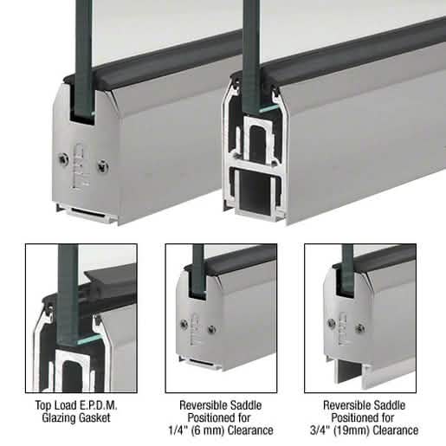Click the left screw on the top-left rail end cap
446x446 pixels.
(x=63, y=159)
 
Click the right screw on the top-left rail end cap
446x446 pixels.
(x=103, y=166)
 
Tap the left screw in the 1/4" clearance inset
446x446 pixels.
(x=184, y=324)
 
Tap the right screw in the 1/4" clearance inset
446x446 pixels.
(x=211, y=329)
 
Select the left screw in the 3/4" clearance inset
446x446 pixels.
(x=332, y=322)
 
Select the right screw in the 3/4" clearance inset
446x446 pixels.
(x=360, y=327)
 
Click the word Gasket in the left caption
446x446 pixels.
(x=95, y=417)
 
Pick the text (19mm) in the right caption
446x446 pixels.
(x=352, y=430)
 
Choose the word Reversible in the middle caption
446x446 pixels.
(x=203, y=405)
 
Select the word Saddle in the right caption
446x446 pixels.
(x=389, y=405)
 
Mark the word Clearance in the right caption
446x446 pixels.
(x=396, y=430)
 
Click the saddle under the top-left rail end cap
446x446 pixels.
(x=87, y=214)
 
